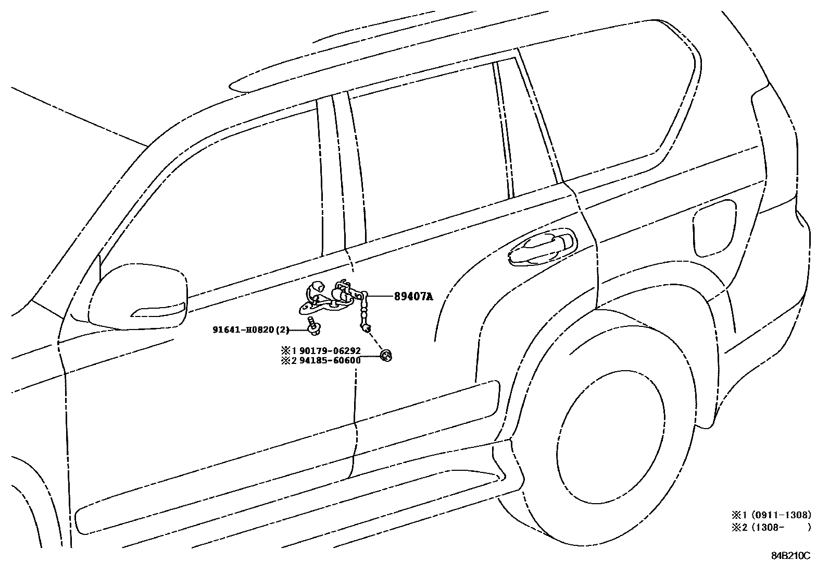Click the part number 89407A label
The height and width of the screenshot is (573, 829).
click(x=413, y=297)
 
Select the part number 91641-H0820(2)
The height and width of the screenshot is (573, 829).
click(x=250, y=330)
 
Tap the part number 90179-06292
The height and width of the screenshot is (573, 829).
click(x=330, y=351)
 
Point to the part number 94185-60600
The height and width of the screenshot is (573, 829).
click(x=330, y=360)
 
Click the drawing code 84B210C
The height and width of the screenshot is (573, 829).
click(x=790, y=555)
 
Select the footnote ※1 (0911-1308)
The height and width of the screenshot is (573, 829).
click(x=771, y=515)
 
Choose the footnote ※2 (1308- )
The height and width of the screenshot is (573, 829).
click(x=771, y=527)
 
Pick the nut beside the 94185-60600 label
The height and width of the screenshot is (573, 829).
click(x=386, y=356)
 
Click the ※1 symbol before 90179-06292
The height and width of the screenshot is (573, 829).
click(x=286, y=351)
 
